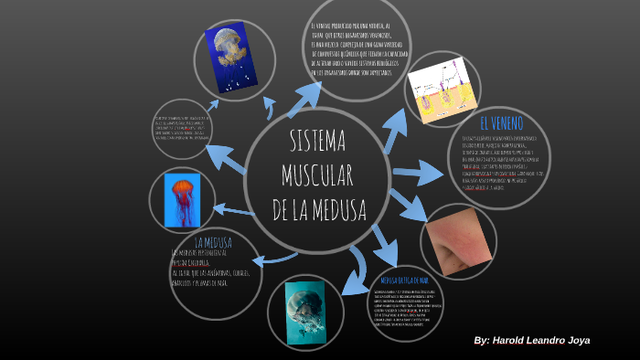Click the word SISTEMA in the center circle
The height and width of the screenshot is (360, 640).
(317, 141)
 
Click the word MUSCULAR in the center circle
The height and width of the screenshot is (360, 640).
(317, 175)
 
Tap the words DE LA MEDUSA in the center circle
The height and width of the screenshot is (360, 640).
(318, 209)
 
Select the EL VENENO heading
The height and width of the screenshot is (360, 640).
(501, 122)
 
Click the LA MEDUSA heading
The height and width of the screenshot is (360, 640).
(212, 242)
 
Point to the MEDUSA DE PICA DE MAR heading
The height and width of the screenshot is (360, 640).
(404, 277)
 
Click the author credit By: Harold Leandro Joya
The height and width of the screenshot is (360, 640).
(531, 340)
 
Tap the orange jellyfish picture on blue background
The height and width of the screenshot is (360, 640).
(182, 200)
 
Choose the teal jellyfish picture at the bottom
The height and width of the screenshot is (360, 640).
(305, 311)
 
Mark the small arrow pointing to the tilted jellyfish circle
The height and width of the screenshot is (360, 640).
(210, 107)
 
